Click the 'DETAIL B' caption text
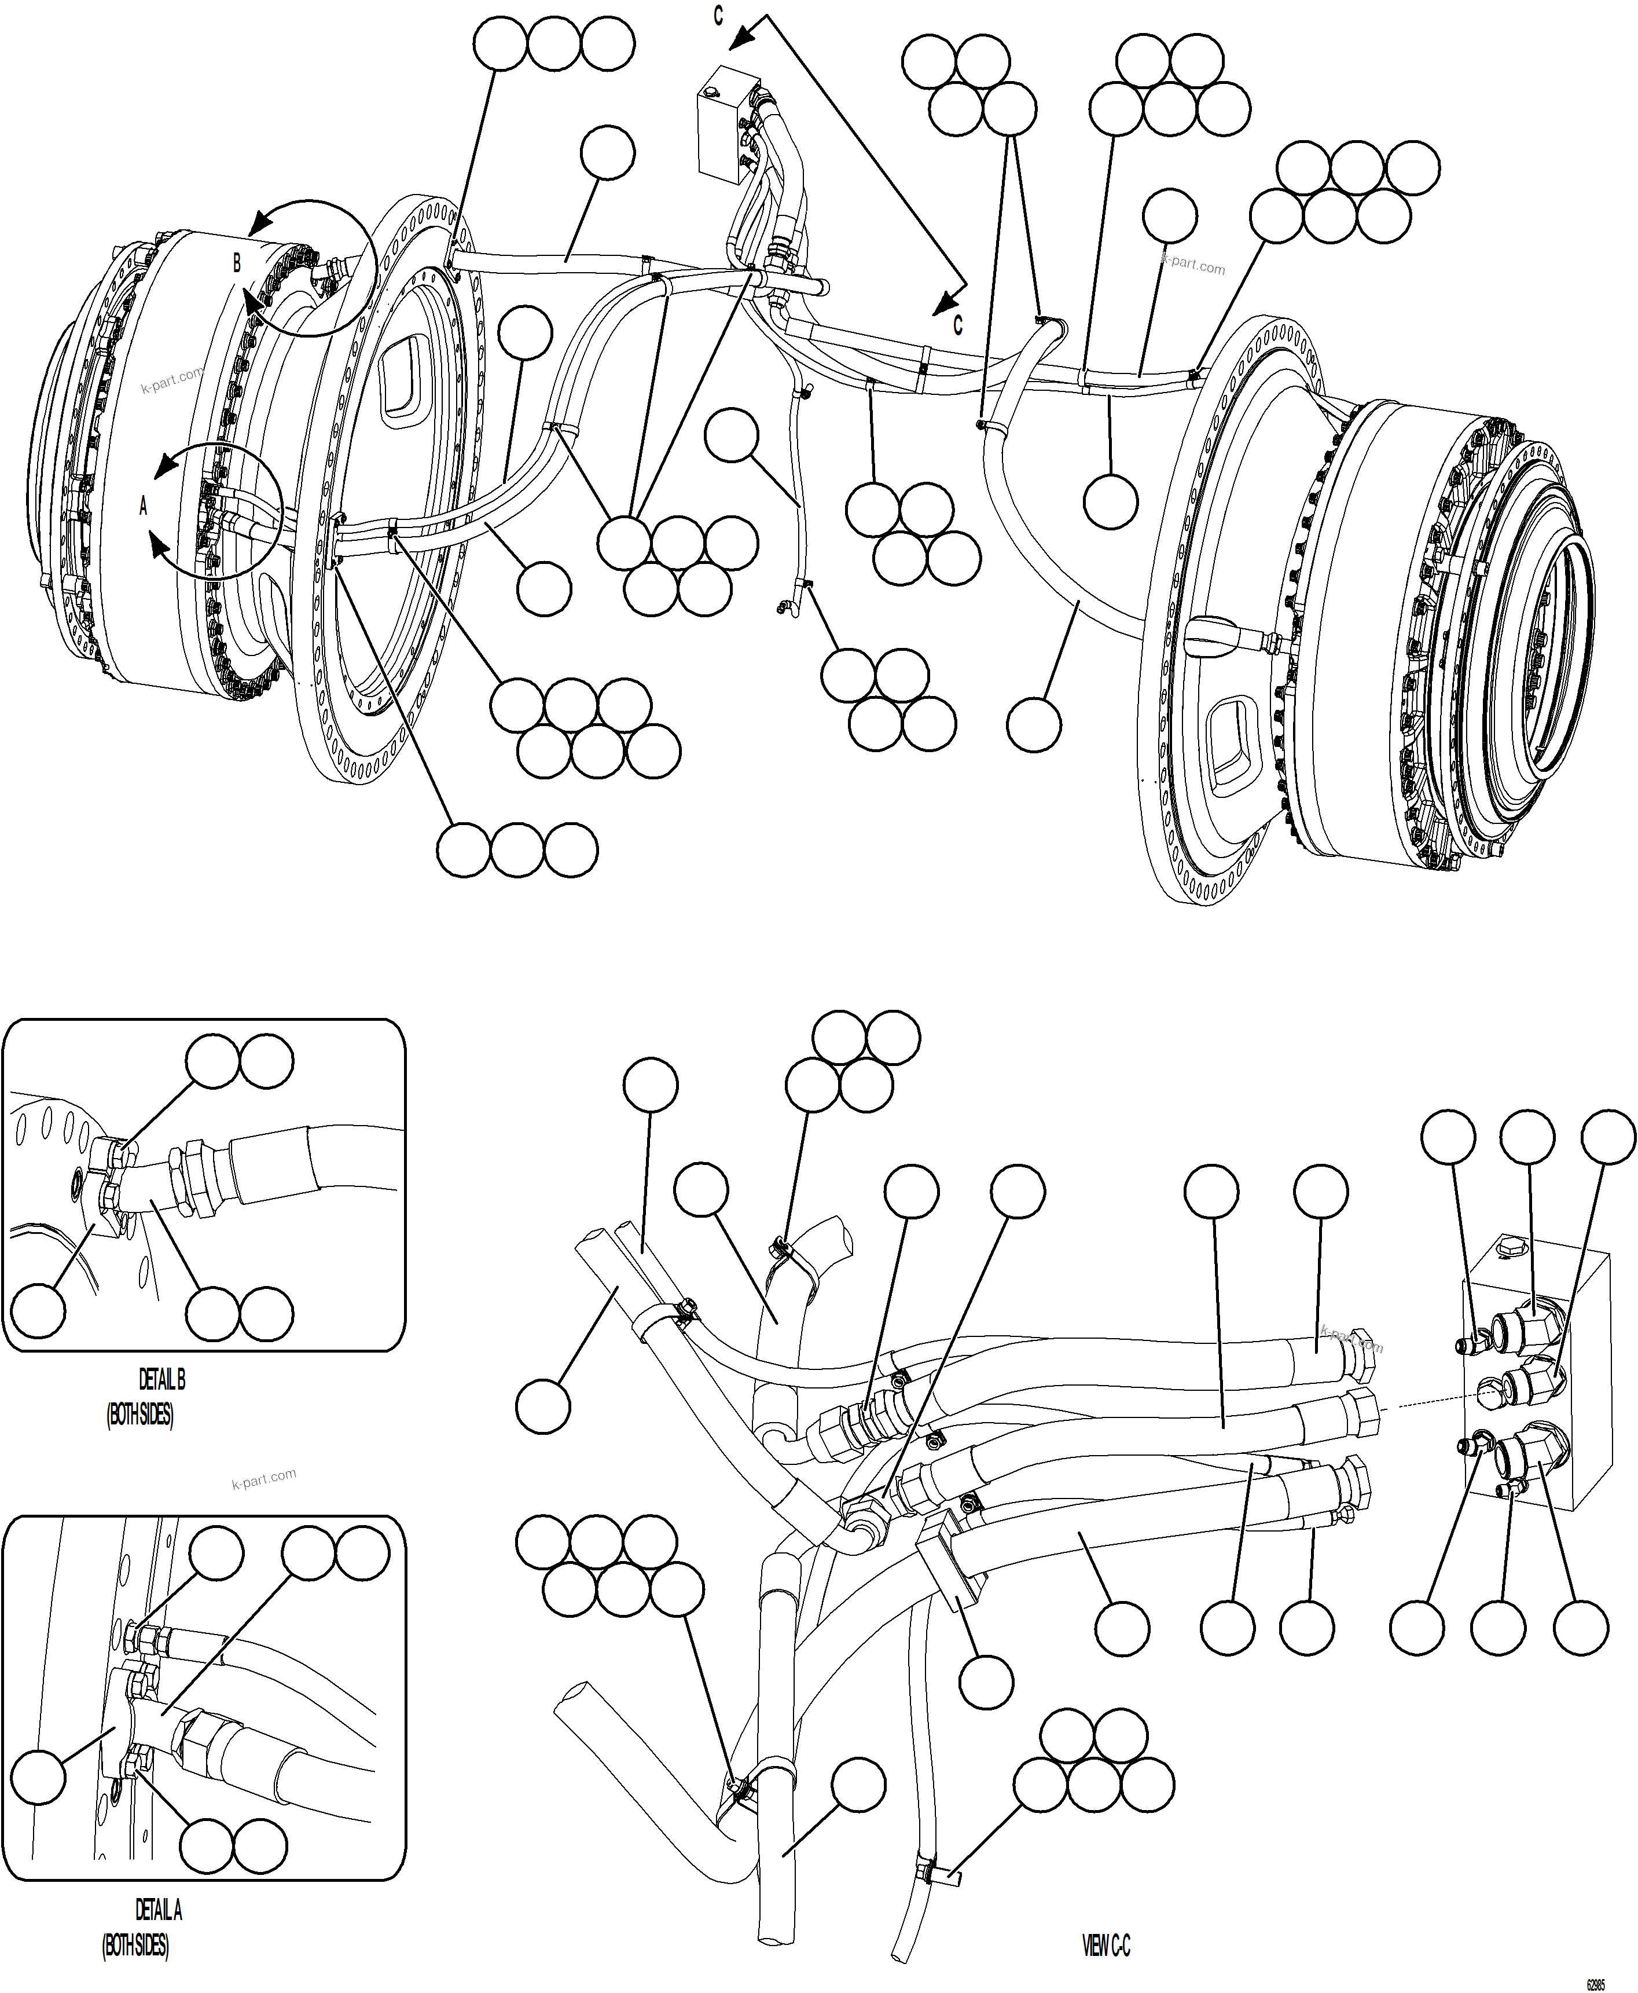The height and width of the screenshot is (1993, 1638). tap(162, 1380)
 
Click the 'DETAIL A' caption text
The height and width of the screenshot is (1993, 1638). tap(159, 1910)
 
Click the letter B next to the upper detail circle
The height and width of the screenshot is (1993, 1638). tap(237, 263)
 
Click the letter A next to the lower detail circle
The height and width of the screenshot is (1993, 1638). tap(144, 507)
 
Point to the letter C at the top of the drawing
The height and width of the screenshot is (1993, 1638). tap(719, 16)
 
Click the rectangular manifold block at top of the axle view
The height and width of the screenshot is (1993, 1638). tap(722, 123)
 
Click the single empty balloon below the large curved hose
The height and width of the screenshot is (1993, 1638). tap(1034, 725)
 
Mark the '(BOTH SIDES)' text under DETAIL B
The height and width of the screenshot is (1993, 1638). tap(139, 1415)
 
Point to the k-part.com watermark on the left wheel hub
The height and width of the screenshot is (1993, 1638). tap(172, 380)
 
